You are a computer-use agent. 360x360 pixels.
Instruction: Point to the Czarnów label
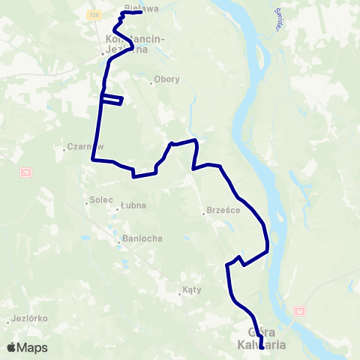85,147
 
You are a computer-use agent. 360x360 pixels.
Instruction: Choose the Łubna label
133,205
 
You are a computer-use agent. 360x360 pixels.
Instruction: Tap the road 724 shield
92,14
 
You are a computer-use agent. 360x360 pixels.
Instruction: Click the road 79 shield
25,173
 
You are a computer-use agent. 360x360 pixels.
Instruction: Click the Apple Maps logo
26,347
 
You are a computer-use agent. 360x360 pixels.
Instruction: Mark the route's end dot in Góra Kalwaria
261,348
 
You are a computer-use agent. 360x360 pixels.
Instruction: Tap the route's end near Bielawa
141,12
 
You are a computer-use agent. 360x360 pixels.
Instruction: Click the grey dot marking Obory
151,83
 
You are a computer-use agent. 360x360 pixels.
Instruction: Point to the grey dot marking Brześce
204,214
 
